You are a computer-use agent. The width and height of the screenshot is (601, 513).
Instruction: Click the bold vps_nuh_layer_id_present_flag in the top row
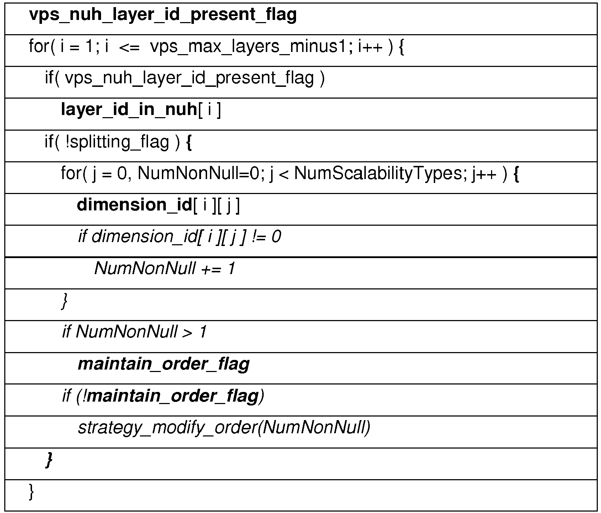coord(163,15)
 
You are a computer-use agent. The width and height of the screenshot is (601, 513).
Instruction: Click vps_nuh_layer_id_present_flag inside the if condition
coord(190,79)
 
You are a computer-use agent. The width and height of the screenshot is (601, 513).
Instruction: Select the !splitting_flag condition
coord(117,142)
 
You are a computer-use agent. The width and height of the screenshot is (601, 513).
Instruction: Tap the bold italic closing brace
coord(49,460)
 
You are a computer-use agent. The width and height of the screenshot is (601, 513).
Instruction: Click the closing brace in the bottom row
coord(31,492)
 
